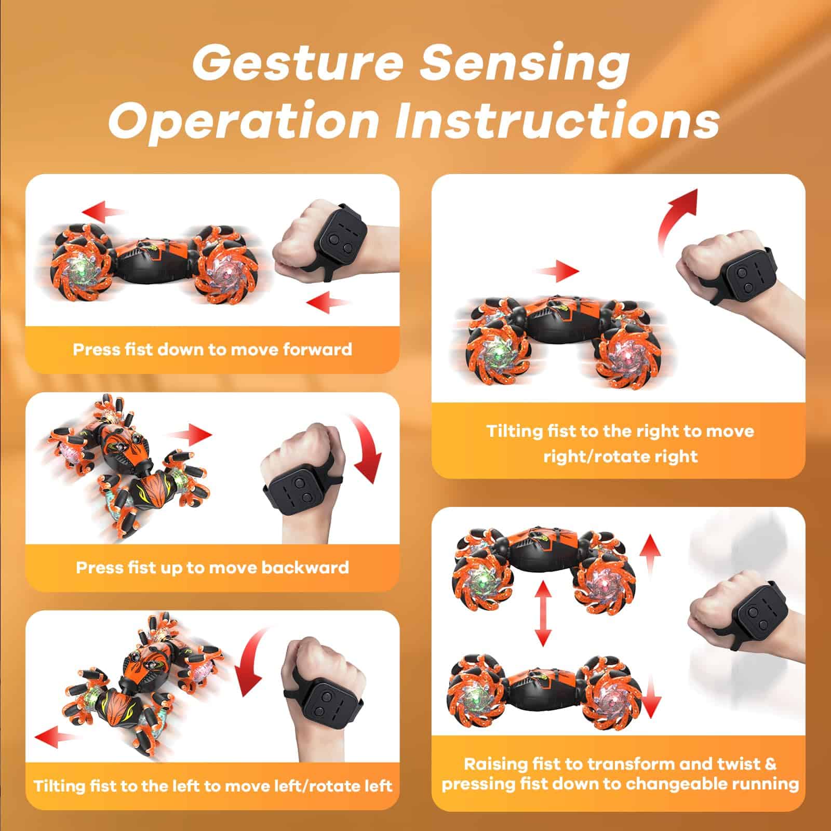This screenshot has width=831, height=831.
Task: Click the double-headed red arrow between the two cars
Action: click(543, 613)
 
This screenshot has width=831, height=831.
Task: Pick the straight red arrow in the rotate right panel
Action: click(557, 271)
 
